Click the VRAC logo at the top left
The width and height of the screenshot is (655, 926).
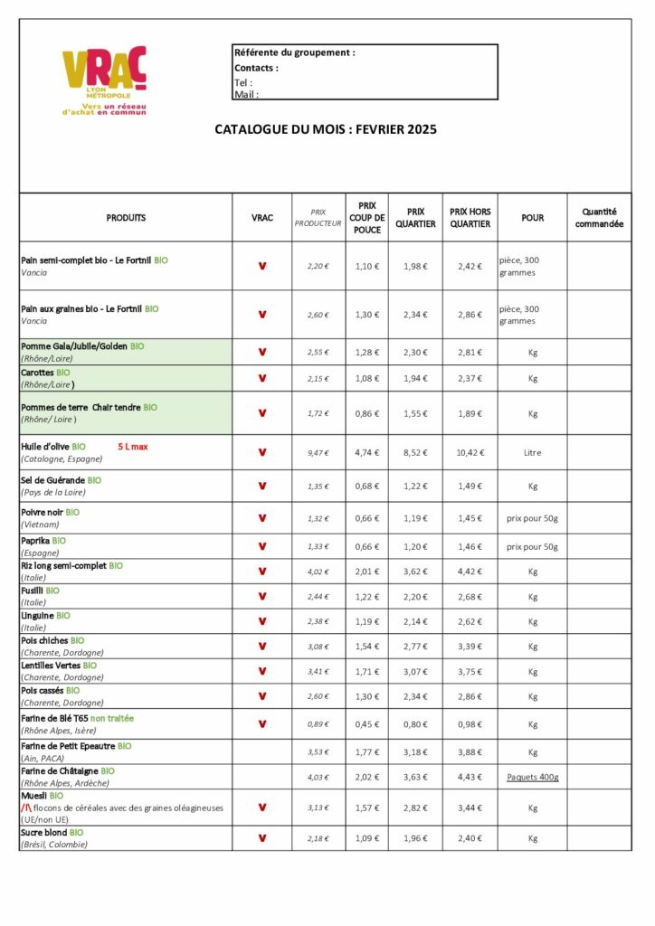point(104,81)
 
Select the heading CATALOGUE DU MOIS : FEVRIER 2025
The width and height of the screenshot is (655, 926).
point(326,129)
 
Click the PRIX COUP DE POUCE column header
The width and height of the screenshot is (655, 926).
point(366,218)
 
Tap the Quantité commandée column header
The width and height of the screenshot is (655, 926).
point(599,218)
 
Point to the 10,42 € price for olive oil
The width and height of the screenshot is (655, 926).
point(470,452)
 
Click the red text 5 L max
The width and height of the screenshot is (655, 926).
point(133,447)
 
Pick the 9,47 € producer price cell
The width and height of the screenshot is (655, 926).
point(318,452)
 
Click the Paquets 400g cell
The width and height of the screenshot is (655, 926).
point(533,777)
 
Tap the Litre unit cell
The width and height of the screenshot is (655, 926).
point(533,452)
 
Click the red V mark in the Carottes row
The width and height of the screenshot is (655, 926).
point(262,378)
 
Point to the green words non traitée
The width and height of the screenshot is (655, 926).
point(112,718)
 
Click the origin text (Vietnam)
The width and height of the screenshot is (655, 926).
point(40,524)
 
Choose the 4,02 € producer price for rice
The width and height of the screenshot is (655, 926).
point(318,572)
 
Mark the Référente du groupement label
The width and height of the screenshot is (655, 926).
point(294,52)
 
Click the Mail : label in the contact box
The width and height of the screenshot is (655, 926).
point(246,94)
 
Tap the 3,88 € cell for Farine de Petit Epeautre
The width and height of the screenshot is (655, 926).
point(470,752)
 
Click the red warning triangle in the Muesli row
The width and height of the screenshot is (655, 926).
point(26,808)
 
